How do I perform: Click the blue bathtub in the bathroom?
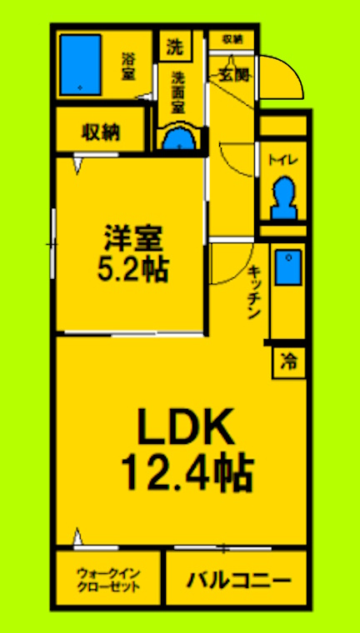81,62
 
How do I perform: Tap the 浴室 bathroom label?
128,67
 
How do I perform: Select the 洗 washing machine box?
173,47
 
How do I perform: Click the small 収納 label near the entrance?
231,39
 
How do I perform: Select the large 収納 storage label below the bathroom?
101,132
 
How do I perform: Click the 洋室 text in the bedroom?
132,236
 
